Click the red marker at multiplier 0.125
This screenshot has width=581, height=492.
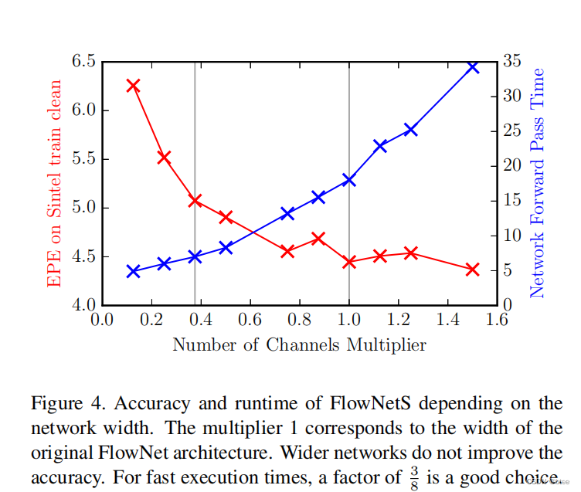[133, 86]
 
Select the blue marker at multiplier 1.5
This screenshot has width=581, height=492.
[473, 67]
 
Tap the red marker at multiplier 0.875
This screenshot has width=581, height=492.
[318, 239]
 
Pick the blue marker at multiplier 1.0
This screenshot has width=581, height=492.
[349, 180]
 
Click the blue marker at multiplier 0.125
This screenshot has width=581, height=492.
[133, 271]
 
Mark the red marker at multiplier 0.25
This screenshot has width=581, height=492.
[164, 158]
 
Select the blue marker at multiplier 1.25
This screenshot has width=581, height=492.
[411, 130]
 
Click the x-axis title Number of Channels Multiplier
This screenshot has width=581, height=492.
[299, 344]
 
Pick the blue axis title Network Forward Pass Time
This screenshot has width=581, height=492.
[538, 182]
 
